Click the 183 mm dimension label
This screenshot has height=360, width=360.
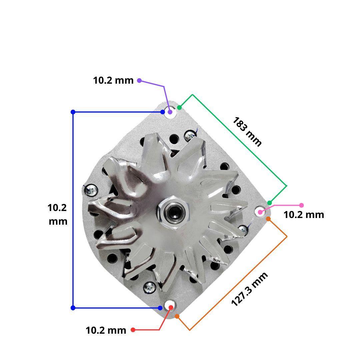247,132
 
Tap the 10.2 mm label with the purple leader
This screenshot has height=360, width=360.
113,80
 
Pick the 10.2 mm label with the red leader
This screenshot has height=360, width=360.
106,330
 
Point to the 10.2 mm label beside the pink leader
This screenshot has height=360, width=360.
304,215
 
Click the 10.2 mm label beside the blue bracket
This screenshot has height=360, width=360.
58,214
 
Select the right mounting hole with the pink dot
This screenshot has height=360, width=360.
260,211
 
